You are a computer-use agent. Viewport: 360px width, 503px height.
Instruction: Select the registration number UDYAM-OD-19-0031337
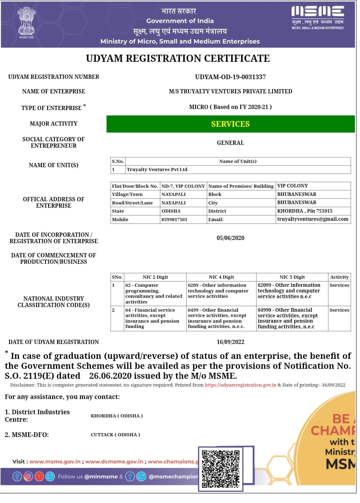230,77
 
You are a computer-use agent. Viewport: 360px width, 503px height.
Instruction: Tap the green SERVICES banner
230,124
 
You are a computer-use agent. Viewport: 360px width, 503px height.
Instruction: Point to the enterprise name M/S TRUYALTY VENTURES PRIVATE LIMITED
230,92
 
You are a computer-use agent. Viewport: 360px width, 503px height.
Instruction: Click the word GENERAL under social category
230,143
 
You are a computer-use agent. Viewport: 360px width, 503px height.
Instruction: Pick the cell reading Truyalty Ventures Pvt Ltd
157,170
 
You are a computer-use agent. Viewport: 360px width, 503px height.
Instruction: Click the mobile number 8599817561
174,220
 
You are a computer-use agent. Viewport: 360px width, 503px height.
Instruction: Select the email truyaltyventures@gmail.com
312,219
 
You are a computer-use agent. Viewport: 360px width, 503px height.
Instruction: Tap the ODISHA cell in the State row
171,211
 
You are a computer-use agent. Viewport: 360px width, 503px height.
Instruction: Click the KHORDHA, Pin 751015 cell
305,211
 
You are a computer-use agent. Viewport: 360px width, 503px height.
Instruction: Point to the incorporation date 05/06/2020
230,238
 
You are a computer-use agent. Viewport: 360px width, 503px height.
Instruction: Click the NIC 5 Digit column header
292,277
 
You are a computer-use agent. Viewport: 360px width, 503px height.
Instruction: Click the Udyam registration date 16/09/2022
230,342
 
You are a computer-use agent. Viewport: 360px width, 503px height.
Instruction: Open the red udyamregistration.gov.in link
240,385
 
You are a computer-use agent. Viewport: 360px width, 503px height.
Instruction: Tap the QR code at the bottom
220,468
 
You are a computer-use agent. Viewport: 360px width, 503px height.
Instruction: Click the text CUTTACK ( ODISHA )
115,434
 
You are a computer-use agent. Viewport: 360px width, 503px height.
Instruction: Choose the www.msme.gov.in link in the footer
55,461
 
